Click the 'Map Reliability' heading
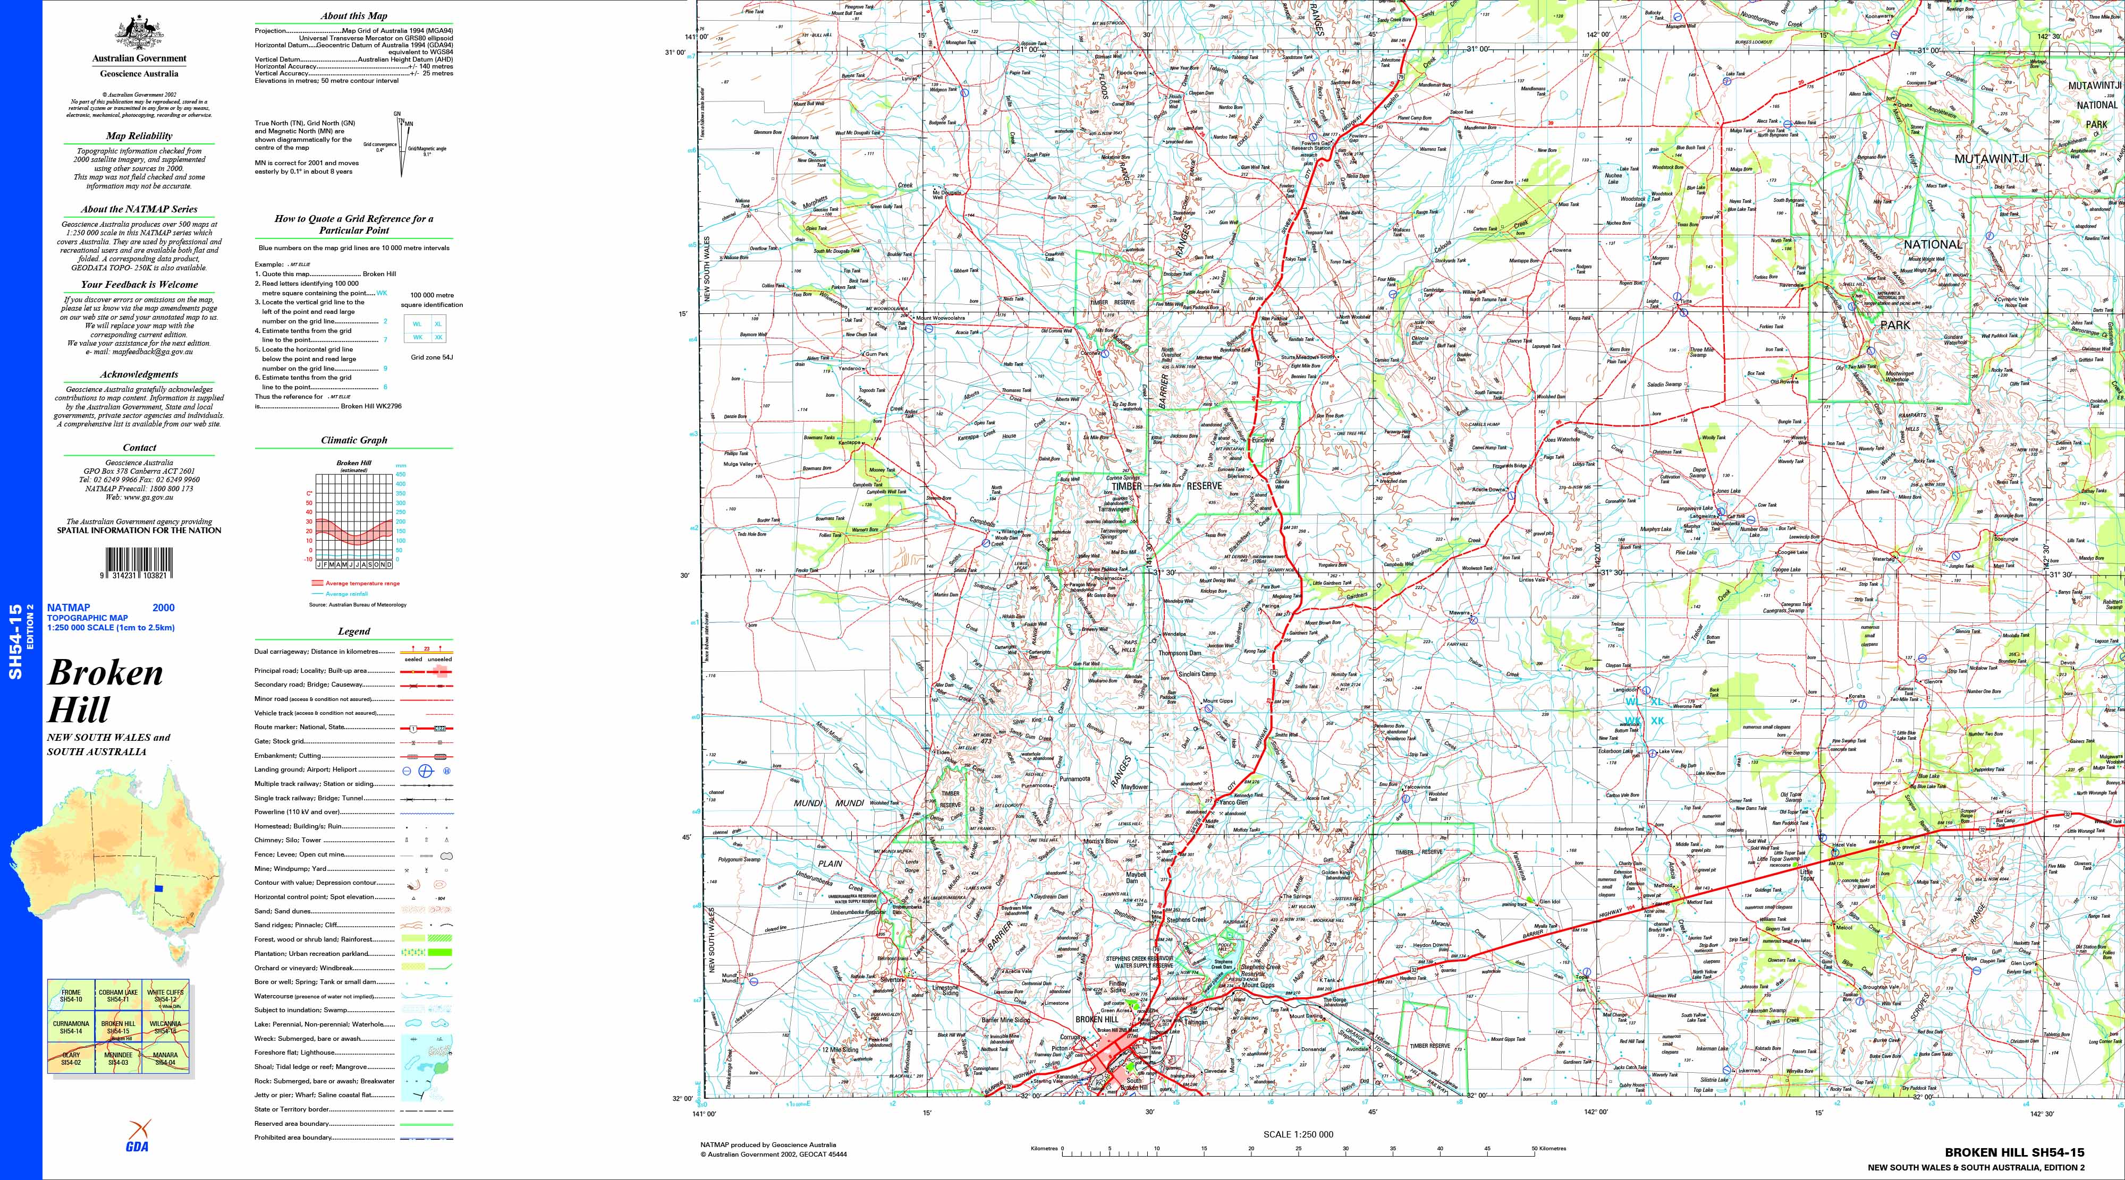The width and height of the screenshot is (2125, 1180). coord(139,136)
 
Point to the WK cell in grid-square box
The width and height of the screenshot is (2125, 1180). coord(418,337)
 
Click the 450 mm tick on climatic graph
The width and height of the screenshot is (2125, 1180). coord(400,474)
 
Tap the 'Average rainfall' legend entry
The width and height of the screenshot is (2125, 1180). coord(346,594)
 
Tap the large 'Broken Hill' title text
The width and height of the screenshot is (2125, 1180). coord(105,691)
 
